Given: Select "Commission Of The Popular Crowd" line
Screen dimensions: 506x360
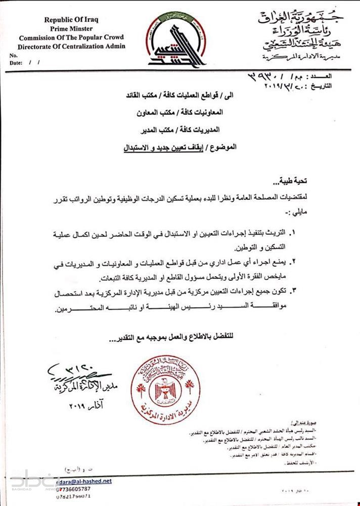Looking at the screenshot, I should (71, 37).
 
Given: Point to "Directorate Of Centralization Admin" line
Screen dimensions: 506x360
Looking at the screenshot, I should (71, 46).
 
